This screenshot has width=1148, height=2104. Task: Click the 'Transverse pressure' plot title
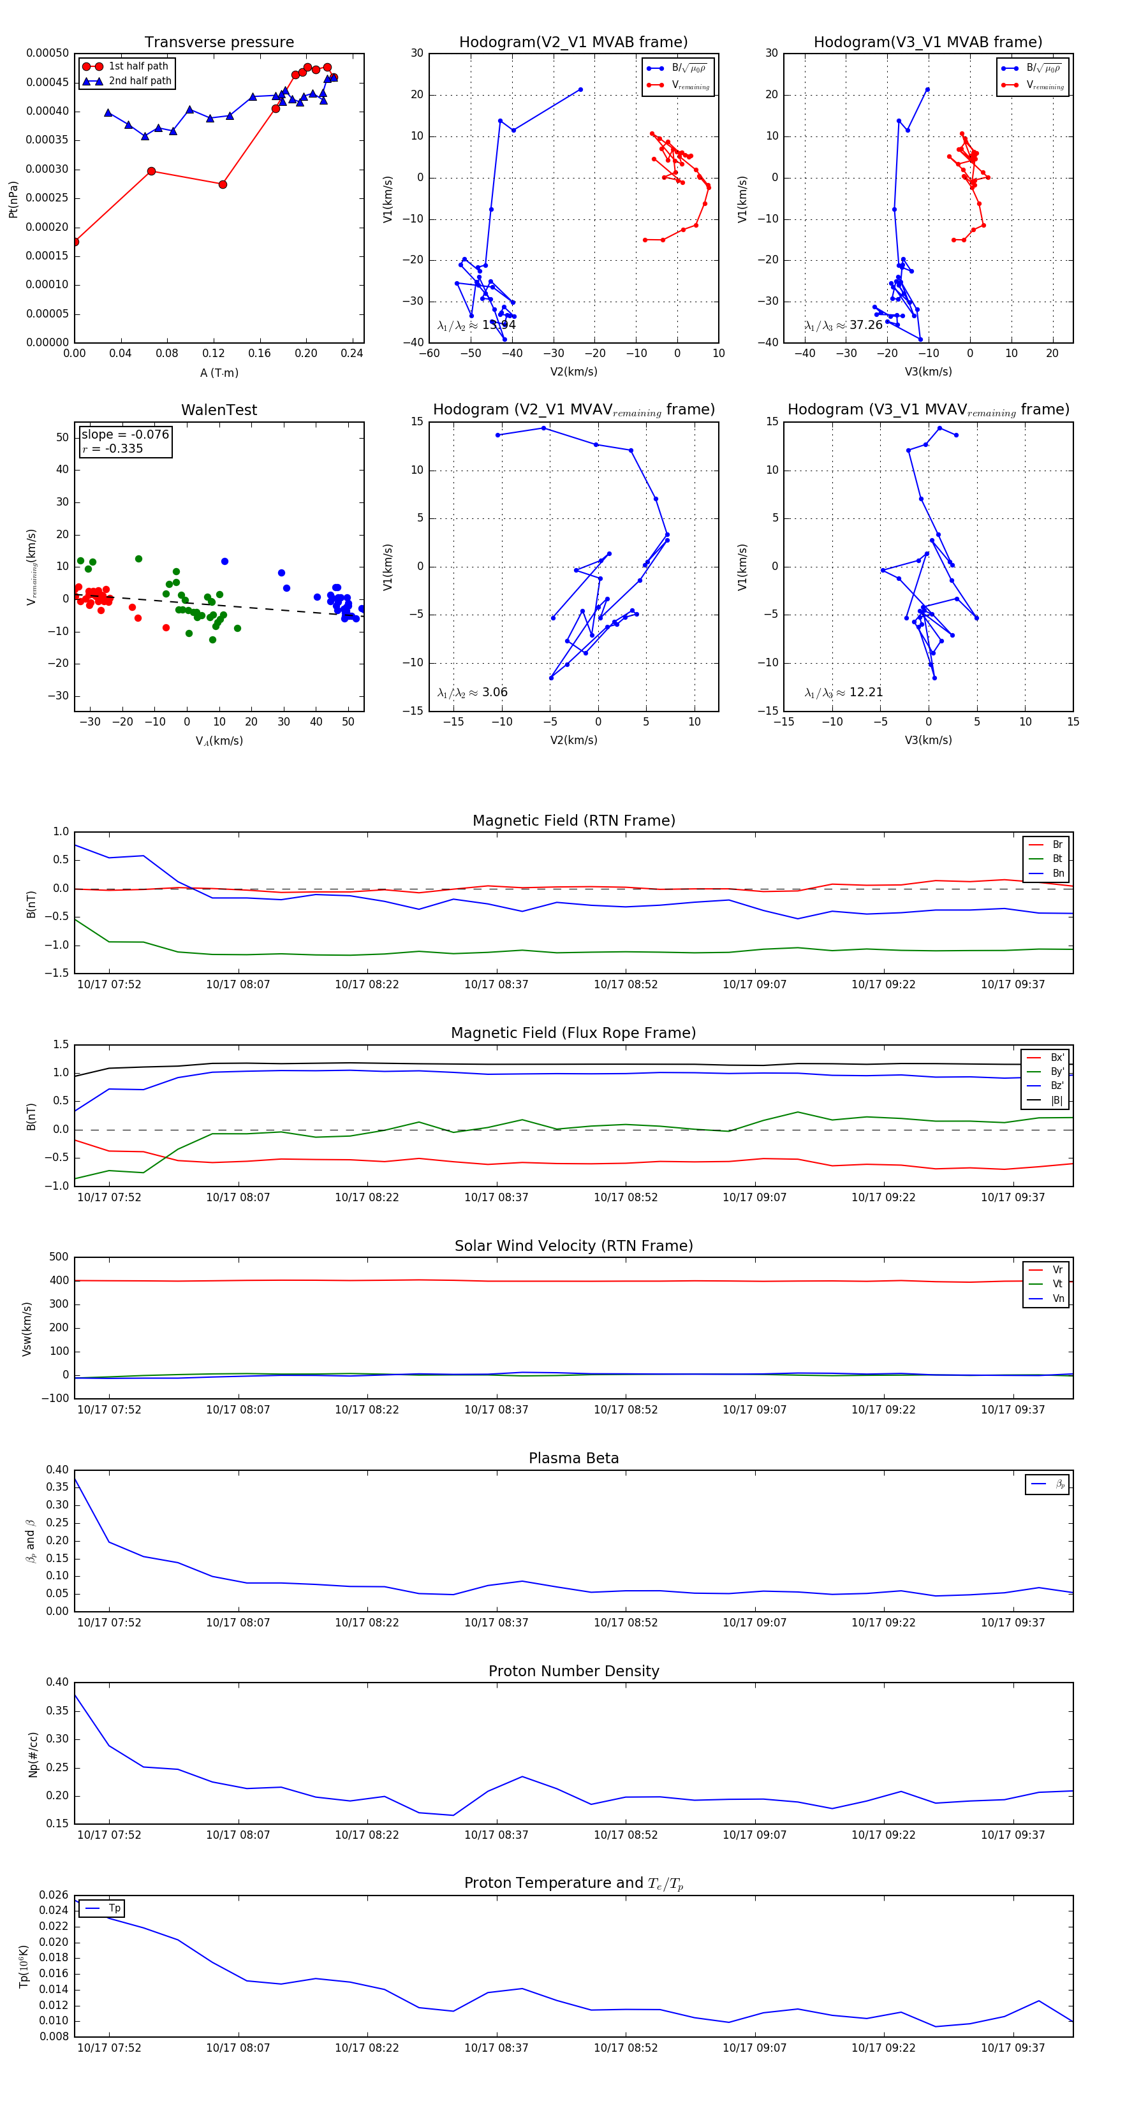[x=219, y=43]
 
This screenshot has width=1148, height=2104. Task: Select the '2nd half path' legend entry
[x=140, y=81]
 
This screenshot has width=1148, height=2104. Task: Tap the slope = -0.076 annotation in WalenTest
[x=125, y=435]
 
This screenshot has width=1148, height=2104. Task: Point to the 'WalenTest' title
[x=219, y=410]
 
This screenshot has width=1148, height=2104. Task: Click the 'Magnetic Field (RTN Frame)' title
[x=573, y=821]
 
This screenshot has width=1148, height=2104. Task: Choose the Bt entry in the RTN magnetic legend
[x=1057, y=858]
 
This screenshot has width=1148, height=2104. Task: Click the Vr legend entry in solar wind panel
[x=1057, y=1270]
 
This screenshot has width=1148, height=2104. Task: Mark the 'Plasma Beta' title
[x=573, y=1459]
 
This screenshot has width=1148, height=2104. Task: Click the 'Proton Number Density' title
[x=573, y=1671]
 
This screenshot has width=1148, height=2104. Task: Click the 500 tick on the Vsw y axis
[x=59, y=1257]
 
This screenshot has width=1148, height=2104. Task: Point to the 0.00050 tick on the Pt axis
[x=47, y=53]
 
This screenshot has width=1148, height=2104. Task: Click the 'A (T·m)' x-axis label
[x=219, y=373]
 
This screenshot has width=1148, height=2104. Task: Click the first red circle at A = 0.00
[x=75, y=242]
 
